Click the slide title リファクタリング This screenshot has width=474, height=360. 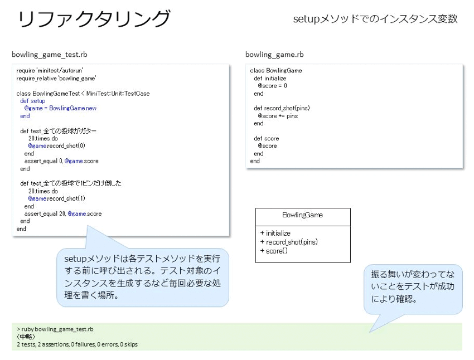94,19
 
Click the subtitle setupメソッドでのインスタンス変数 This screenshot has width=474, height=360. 375,19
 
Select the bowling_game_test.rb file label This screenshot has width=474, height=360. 50,55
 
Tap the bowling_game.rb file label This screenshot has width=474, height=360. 274,55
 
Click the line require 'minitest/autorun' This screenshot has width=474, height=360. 50,70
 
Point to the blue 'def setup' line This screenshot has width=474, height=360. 33,101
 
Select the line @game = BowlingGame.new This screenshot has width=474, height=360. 60,108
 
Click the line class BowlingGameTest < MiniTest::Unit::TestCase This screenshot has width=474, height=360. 83,93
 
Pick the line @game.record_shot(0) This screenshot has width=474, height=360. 56,146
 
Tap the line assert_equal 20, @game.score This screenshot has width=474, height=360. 63,214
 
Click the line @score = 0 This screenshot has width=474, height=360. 272,86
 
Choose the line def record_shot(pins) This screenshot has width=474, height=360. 282,108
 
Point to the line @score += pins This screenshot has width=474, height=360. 278,116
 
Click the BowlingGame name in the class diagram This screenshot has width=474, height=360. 303,215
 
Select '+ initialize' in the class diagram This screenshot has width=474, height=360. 275,233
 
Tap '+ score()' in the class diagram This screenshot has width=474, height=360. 274,251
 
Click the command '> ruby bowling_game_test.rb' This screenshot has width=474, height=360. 55,329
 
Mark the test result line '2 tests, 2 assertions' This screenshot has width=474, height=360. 78,344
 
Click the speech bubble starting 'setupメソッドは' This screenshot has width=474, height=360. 142,277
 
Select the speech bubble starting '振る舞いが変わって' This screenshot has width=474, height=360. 413,289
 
